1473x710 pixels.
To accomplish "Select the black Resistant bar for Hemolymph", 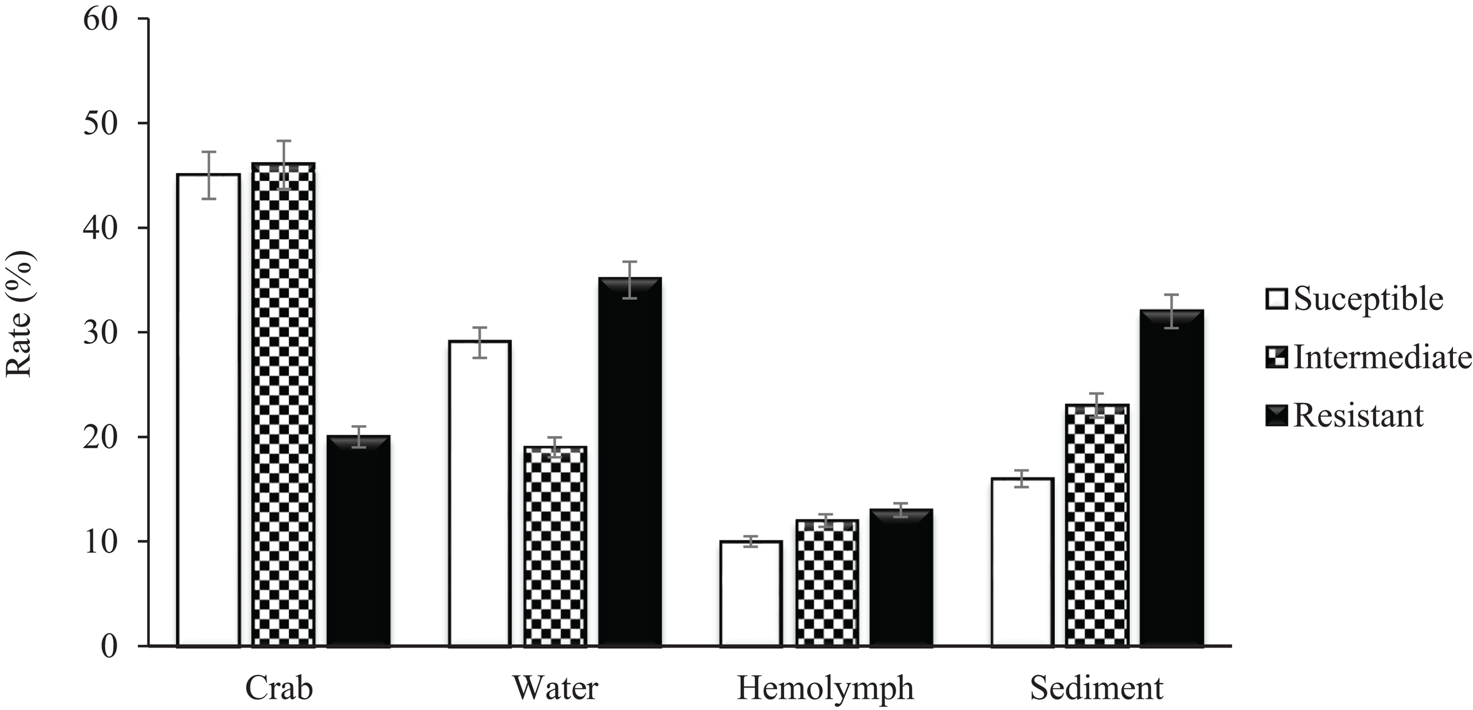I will click(901, 577).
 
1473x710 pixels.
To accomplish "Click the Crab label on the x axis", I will click(279, 688).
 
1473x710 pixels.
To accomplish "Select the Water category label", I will click(555, 688).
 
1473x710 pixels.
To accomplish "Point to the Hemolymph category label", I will click(825, 688).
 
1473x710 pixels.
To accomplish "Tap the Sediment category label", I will click(1097, 688).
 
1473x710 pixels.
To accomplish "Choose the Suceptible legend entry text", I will click(1368, 299).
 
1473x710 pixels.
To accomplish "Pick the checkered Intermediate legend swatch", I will click(1276, 358).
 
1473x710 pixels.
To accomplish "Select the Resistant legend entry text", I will click(1358, 416).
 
